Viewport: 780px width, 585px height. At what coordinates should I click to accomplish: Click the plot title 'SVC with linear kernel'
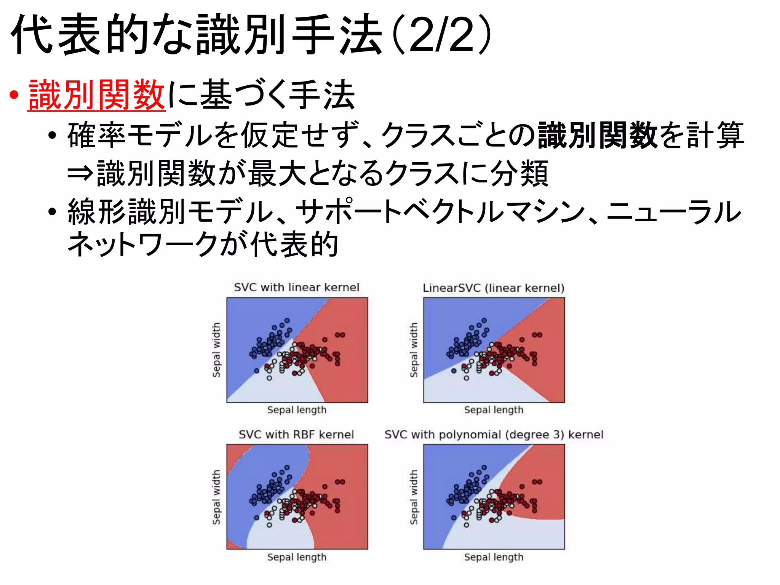pos(296,287)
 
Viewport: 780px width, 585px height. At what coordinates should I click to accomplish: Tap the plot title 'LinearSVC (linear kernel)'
pos(494,288)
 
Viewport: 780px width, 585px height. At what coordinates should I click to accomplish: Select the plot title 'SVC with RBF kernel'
pos(296,435)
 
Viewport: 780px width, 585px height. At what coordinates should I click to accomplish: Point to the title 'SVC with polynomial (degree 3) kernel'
pos(494,435)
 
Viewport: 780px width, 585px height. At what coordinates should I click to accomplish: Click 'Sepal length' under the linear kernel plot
pos(297,410)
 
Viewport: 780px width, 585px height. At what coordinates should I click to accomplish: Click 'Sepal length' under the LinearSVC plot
pos(494,410)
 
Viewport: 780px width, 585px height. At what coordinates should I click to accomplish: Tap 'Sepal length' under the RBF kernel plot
pos(297,557)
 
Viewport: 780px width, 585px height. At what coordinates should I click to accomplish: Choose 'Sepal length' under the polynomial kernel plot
pos(494,557)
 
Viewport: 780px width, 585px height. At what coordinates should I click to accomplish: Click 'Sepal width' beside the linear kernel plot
pos(216,350)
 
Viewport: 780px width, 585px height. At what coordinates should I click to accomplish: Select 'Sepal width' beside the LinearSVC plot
pos(414,350)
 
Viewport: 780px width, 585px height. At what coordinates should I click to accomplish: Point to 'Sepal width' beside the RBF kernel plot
pos(216,497)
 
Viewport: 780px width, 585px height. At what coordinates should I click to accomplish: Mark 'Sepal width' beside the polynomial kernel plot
pos(414,497)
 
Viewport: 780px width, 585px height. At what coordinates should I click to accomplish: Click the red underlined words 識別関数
pos(97,95)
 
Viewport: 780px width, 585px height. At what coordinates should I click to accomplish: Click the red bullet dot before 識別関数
pos(14,95)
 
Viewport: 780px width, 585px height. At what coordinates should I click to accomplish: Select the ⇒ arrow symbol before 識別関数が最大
pos(80,174)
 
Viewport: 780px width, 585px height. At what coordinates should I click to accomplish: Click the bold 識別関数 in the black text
pos(598,135)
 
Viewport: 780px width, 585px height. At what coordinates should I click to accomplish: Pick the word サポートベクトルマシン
pos(440,212)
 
